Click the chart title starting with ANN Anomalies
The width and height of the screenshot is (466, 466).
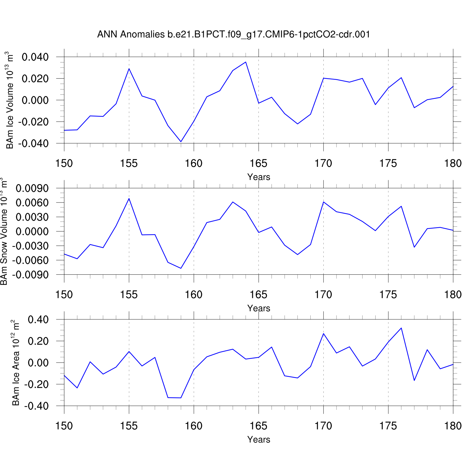point(234,34)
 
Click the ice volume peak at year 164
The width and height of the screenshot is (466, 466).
point(246,62)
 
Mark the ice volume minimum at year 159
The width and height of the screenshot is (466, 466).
point(181,142)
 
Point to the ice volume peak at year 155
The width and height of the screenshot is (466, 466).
point(129,69)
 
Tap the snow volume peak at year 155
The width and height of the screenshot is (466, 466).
point(129,199)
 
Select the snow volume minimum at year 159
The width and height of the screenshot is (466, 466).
point(181,268)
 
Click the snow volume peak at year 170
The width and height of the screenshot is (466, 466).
point(323,202)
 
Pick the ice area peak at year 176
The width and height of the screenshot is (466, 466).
point(401,328)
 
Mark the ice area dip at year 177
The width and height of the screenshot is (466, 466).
point(414,380)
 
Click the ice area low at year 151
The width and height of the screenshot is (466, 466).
point(77,388)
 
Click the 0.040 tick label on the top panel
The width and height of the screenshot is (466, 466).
point(35,57)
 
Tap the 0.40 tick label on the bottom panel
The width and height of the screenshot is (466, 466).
point(38,320)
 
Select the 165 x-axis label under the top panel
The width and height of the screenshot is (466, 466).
point(258,163)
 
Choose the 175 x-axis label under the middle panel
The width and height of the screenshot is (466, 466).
point(388,295)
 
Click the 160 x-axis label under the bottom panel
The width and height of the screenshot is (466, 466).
point(194,426)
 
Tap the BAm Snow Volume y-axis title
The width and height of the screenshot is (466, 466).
point(4,231)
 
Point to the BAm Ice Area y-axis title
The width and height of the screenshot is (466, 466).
point(16,363)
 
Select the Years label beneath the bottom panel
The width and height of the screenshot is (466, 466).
point(259,440)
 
